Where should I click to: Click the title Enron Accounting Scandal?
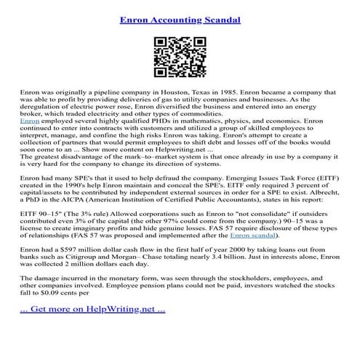coord(180,12)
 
